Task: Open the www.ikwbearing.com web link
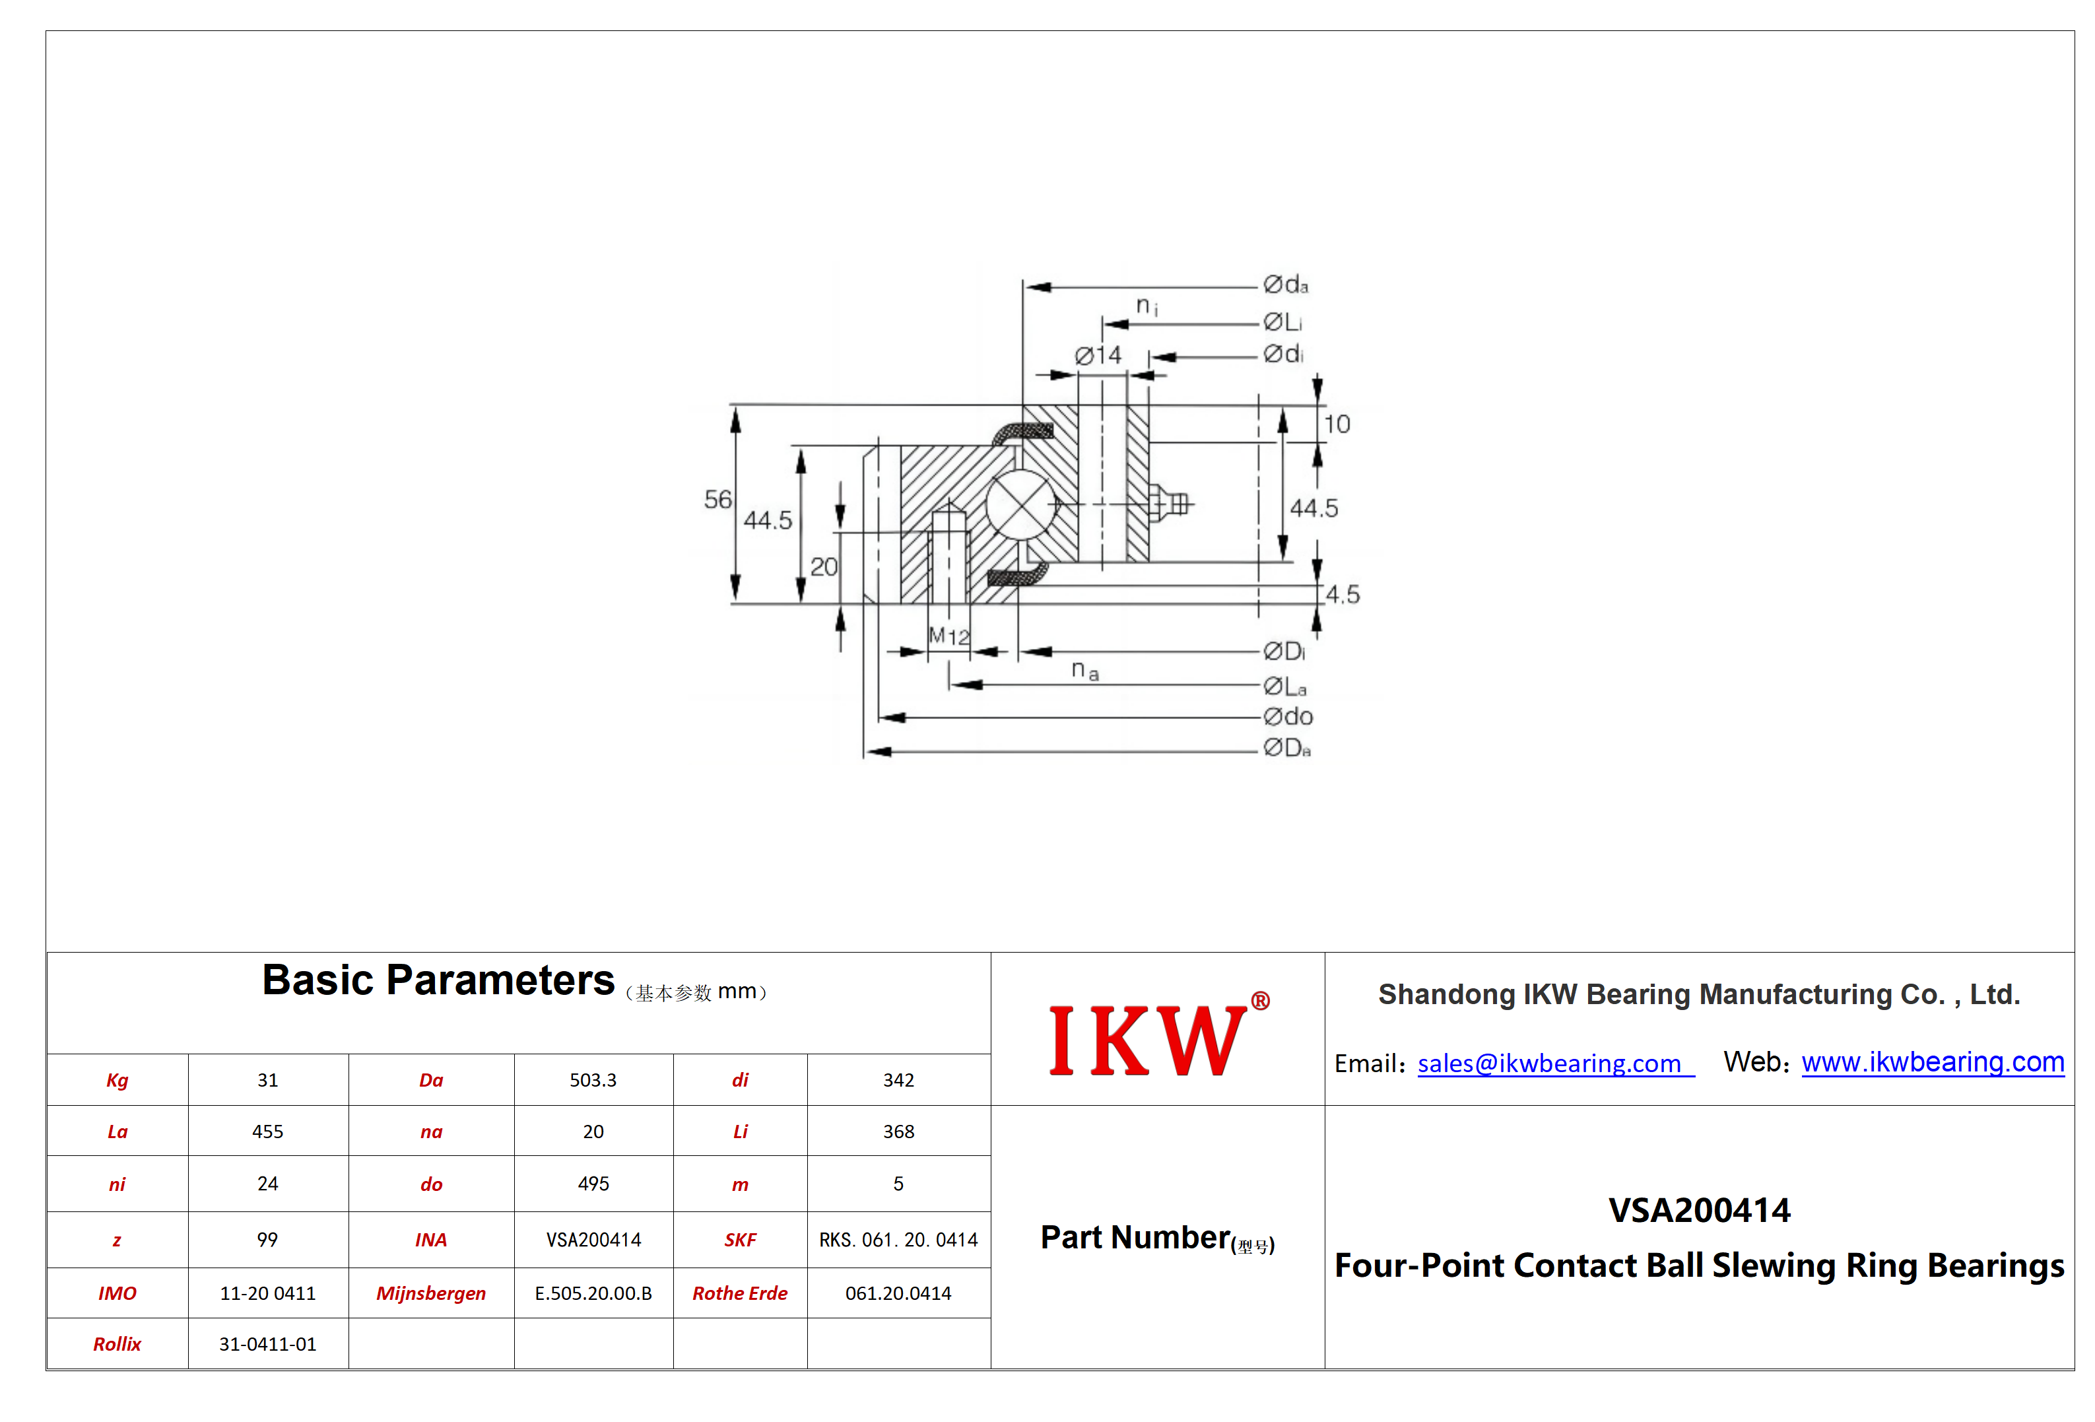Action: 1933,1062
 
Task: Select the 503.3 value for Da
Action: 593,1080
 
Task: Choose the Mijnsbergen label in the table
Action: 431,1294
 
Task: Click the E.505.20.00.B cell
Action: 593,1293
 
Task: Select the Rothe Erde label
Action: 740,1293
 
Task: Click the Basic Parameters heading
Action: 438,980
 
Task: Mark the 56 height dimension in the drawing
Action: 717,500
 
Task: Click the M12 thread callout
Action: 948,636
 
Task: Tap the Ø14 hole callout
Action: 1098,355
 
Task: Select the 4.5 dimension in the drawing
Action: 1343,594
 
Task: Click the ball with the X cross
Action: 1020,506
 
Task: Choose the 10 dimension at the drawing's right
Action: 1337,424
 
